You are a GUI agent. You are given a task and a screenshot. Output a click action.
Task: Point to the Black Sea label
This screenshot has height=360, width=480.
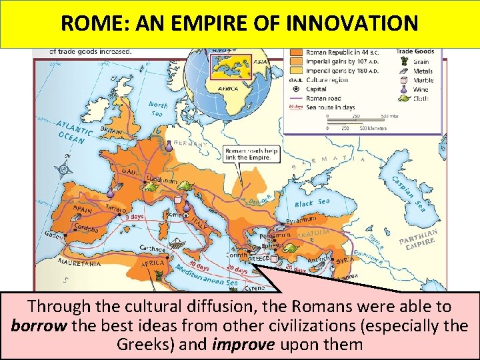[x=312, y=203]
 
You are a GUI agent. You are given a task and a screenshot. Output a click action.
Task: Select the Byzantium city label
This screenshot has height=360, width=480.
[x=301, y=220]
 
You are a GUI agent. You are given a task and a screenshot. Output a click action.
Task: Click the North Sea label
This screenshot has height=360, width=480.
[x=157, y=109]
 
